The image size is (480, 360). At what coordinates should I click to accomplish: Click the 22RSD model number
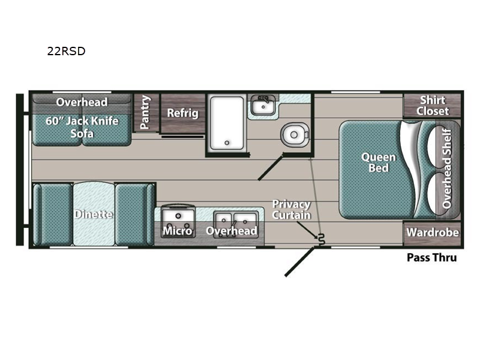(x=66, y=51)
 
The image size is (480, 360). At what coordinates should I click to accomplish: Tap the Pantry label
(x=145, y=112)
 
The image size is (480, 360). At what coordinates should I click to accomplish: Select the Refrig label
(x=183, y=113)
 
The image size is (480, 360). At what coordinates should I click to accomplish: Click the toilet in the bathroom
(x=295, y=134)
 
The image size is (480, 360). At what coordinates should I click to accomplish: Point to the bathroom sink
(x=263, y=104)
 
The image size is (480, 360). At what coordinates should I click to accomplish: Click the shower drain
(x=227, y=143)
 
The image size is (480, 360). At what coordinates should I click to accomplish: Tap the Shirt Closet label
(x=433, y=106)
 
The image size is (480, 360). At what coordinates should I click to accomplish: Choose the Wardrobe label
(x=433, y=233)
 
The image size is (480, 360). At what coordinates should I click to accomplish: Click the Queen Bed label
(x=379, y=162)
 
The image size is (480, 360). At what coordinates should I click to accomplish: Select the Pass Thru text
(x=431, y=258)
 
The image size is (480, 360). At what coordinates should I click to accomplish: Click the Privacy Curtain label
(x=292, y=209)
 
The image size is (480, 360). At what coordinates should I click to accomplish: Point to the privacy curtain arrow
(x=307, y=230)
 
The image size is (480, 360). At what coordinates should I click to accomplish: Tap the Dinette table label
(x=94, y=214)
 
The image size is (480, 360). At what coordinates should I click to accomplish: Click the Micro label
(x=178, y=231)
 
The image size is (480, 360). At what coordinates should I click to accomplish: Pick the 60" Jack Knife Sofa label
(x=82, y=127)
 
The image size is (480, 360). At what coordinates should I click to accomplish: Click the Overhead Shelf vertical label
(x=447, y=169)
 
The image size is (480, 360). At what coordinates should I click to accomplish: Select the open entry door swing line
(x=299, y=262)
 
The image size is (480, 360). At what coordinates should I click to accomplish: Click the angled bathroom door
(x=271, y=168)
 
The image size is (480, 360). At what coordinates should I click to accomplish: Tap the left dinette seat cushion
(x=53, y=214)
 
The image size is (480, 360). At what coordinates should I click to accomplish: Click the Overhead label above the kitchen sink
(x=232, y=231)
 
